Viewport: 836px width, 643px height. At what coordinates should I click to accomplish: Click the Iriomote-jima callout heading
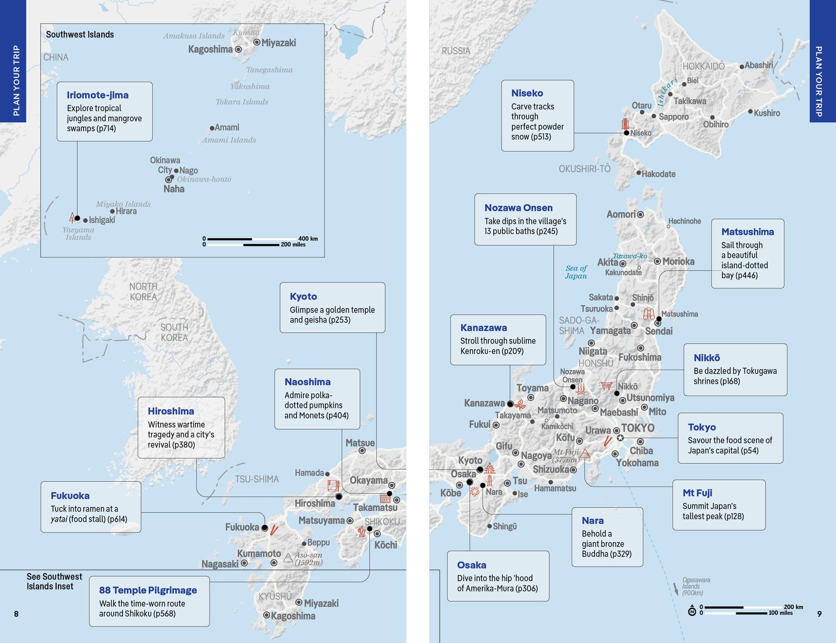(x=97, y=95)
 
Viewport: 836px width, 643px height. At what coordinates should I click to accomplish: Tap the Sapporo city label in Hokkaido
(x=673, y=117)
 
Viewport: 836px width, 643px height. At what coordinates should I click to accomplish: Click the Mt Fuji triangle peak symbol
(x=585, y=454)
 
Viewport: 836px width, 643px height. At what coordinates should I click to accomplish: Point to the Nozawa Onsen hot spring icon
(x=581, y=389)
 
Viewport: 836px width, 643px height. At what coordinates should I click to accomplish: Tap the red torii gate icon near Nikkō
(x=606, y=386)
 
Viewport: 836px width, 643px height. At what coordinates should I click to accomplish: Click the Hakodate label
(x=658, y=174)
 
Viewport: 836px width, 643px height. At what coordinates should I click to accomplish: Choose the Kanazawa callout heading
(x=483, y=327)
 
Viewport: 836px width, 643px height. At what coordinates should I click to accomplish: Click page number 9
(x=819, y=614)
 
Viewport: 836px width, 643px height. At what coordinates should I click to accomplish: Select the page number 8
(x=16, y=614)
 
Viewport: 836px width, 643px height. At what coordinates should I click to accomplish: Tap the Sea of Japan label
(x=576, y=272)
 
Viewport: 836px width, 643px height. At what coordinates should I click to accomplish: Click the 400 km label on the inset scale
(x=308, y=238)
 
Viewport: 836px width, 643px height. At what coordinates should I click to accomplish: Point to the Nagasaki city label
(x=220, y=564)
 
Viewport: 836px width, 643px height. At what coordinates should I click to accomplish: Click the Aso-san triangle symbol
(x=289, y=557)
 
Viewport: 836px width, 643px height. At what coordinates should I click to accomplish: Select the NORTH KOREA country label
(x=143, y=292)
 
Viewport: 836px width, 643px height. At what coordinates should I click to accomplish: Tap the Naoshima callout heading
(x=307, y=382)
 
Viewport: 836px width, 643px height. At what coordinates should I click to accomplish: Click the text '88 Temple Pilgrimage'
(x=148, y=590)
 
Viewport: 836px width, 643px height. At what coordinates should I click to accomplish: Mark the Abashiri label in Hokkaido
(x=758, y=65)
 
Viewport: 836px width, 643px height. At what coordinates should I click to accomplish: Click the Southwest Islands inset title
(x=80, y=34)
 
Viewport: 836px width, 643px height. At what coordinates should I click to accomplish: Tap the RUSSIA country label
(x=455, y=51)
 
